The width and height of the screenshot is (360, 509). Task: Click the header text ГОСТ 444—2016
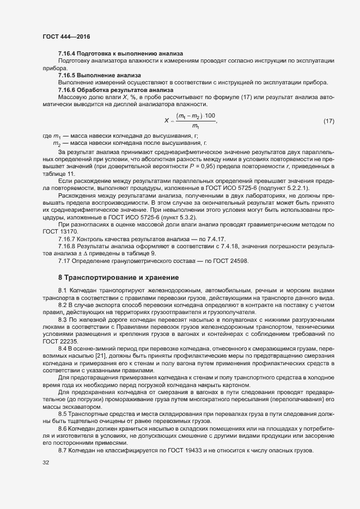pyautogui.click(x=66, y=36)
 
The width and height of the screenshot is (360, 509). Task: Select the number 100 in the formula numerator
pyautogui.click(x=210, y=116)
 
